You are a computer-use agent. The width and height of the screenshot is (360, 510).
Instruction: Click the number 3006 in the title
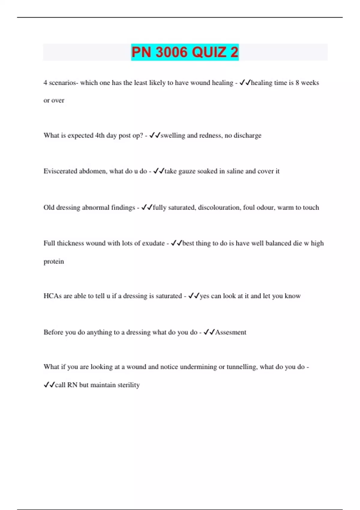point(172,52)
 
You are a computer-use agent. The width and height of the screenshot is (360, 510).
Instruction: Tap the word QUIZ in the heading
point(209,52)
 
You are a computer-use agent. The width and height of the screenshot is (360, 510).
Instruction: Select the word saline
point(235,171)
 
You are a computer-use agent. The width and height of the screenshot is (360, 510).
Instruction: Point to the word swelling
point(173,135)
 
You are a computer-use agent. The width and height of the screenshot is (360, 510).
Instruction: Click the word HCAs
point(52,296)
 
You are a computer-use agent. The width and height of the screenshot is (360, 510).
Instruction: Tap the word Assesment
point(230,332)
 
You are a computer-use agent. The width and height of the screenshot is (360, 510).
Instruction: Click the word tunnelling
point(242,367)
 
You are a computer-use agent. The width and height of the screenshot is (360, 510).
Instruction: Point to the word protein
point(54,261)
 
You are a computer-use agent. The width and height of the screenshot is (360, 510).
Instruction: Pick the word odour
point(265,207)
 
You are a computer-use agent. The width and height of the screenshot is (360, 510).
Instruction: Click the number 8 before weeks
point(297,83)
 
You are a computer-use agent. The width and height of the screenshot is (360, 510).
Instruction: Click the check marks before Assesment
point(209,332)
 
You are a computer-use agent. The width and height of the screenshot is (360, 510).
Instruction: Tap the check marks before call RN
point(49,385)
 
